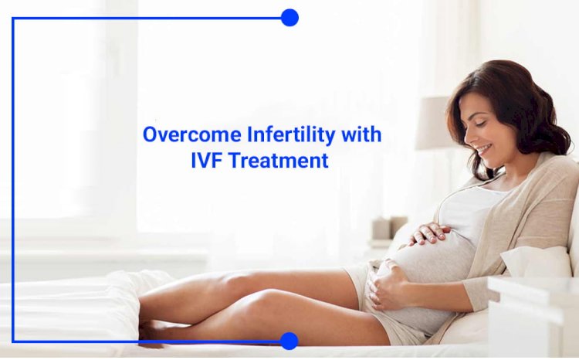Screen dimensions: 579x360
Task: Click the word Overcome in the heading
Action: coord(191,134)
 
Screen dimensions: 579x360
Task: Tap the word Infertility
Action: coord(290,134)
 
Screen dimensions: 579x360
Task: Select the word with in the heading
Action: coord(361,134)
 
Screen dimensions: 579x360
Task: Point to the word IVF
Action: coord(205,161)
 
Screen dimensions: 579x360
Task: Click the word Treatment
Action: coord(278,161)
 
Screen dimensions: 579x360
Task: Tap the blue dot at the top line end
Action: coord(289,18)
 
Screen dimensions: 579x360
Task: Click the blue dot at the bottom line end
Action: coord(289,341)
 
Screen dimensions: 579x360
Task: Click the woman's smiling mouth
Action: coord(484,150)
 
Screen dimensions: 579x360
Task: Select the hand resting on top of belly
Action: coord(429,233)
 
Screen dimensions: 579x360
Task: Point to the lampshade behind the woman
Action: coord(433,123)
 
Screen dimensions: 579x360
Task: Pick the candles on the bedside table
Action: coord(389,228)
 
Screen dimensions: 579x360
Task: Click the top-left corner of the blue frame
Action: coord(13,18)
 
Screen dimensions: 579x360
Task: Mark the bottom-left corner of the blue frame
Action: coord(13,341)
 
